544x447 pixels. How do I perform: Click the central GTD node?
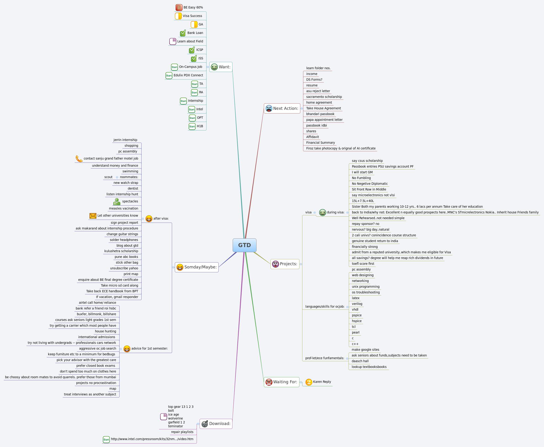tap(244, 245)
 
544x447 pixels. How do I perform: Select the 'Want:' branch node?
tap(221, 67)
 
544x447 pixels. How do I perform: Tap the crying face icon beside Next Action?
tap(269, 108)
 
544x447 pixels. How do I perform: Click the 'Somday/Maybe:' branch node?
tap(197, 267)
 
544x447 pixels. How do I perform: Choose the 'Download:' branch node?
tap(216, 424)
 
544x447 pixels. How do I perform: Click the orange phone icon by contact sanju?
tap(79, 159)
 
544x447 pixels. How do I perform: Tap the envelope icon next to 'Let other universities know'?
tap(93, 216)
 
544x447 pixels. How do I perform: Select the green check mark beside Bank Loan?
tap(183, 33)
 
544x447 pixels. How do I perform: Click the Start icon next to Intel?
tap(192, 109)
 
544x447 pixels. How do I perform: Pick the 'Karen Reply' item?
tap(322, 382)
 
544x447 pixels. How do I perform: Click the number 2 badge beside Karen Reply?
tap(309, 382)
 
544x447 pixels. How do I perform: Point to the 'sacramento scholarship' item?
tap(324, 97)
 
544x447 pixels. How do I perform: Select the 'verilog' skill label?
tap(357, 304)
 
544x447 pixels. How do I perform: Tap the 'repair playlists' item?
tap(182, 432)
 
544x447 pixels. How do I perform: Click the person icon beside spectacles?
tap(117, 201)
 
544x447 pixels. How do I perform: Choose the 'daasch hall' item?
tap(360, 361)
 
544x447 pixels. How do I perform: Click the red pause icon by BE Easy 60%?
tap(179, 8)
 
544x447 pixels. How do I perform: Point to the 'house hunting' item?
tap(105, 331)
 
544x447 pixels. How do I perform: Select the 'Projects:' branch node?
tap(285, 264)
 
